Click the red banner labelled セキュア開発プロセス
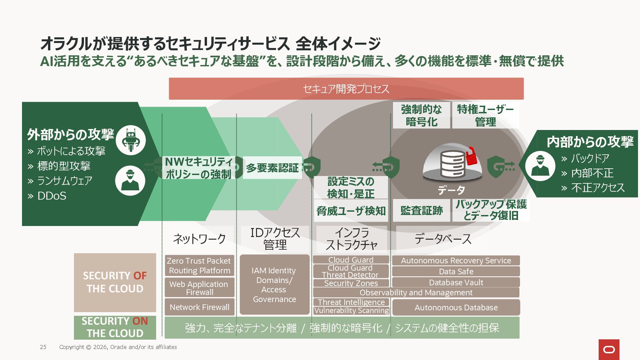pos(346,89)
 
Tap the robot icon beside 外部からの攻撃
pos(131,140)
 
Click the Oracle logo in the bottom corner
pos(609,349)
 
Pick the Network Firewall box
pos(199,307)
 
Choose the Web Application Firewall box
pos(199,288)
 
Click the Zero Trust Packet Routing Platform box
pos(199,266)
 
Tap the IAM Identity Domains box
pos(274,285)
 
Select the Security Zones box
pos(351,283)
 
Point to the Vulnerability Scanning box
pos(351,311)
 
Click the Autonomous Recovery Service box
pos(456,260)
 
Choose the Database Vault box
pos(456,282)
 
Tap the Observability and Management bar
pos(416,292)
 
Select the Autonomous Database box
pos(456,307)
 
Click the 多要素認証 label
pos(272,168)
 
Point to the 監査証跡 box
pos(421,210)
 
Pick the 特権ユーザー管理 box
pos(485,115)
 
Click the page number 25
pos(43,347)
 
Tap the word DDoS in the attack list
pos(52,196)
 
